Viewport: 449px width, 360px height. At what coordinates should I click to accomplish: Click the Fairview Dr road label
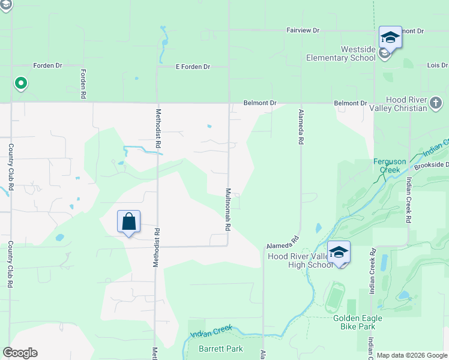tap(303, 29)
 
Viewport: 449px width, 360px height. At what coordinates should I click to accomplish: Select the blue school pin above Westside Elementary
tap(390, 37)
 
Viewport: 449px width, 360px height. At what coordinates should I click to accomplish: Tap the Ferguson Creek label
tap(390, 166)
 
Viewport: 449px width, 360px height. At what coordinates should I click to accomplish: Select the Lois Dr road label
tap(436, 65)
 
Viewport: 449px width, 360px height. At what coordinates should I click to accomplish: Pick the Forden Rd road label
tap(83, 83)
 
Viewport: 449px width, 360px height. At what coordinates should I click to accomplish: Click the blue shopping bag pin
tap(129, 222)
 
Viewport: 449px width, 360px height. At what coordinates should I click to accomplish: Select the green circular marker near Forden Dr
tap(20, 83)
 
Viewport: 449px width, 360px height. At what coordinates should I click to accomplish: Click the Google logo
tap(20, 353)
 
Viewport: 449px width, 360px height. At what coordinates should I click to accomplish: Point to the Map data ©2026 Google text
tap(412, 355)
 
